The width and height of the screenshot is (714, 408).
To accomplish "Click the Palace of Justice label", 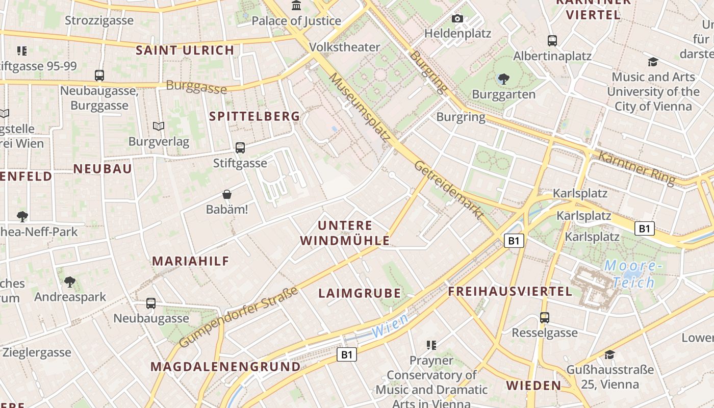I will [296, 21].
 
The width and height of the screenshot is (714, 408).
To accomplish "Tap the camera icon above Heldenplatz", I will [457, 19].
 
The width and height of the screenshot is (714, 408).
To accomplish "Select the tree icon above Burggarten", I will [504, 79].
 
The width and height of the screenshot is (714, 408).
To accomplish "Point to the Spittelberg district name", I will [254, 116].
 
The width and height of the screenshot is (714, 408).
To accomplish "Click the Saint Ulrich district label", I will [185, 50].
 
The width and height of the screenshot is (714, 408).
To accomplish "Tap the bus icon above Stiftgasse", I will [240, 148].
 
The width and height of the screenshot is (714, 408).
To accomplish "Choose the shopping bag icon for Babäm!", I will [227, 194].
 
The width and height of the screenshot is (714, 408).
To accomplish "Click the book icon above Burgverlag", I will [159, 126].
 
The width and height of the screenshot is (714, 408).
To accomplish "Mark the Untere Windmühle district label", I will [345, 233].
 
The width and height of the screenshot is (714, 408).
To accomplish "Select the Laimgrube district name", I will [360, 293].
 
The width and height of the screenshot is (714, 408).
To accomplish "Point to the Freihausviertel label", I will [510, 292].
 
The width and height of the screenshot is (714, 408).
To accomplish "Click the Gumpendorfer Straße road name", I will [239, 317].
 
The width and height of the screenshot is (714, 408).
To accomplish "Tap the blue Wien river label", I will [390, 325].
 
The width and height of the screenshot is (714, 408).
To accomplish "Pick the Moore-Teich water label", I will [633, 274].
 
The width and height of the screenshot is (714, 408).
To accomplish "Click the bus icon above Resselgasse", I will [545, 318].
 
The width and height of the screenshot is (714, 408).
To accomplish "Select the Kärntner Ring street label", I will [636, 168].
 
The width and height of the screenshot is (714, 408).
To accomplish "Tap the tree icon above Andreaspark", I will [70, 282].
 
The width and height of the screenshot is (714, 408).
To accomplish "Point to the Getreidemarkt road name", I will [448, 190].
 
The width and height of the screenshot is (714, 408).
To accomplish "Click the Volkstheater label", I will [345, 47].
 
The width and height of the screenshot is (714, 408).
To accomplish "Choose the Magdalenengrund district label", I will [225, 367].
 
